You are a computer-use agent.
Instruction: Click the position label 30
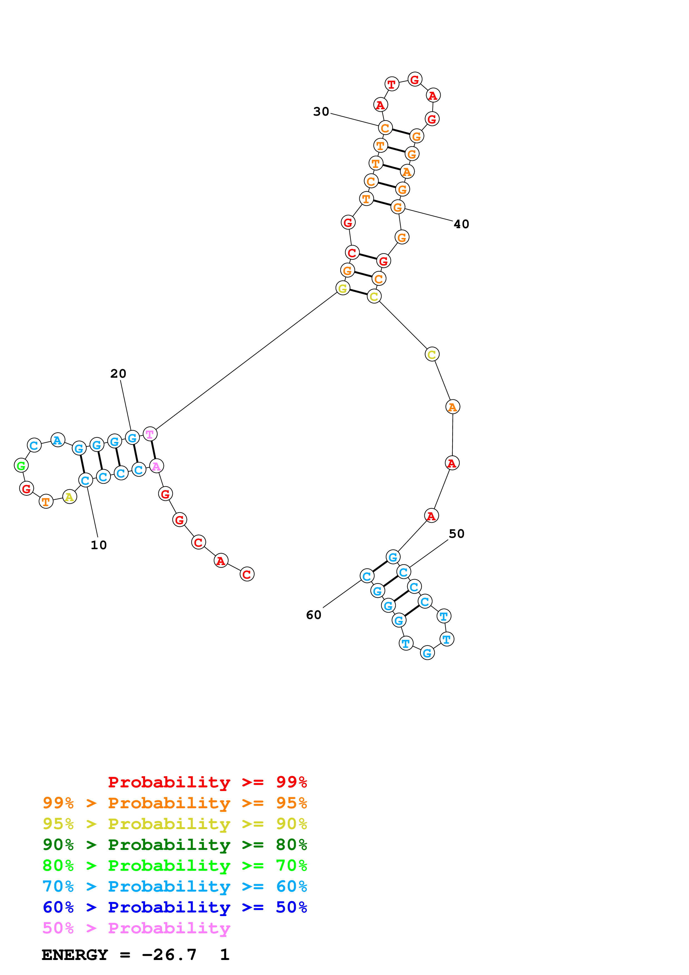click(321, 112)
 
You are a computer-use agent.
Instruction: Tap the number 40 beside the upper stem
click(461, 224)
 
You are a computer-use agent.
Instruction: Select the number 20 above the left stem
click(118, 374)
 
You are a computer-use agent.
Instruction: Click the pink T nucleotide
click(150, 434)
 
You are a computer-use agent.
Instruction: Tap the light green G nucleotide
click(21, 466)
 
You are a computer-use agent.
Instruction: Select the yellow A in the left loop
click(69, 496)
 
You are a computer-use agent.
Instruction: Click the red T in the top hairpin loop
click(391, 84)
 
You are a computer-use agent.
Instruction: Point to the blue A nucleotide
click(58, 440)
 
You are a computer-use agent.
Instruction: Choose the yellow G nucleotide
click(343, 288)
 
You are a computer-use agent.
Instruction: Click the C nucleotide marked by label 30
click(385, 127)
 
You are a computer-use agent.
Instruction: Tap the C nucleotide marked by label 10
click(85, 480)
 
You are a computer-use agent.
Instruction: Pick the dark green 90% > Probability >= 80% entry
click(175, 845)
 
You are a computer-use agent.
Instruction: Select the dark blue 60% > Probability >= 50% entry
click(175, 907)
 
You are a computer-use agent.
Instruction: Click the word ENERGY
click(75, 955)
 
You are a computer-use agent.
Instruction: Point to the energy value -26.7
click(169, 955)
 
